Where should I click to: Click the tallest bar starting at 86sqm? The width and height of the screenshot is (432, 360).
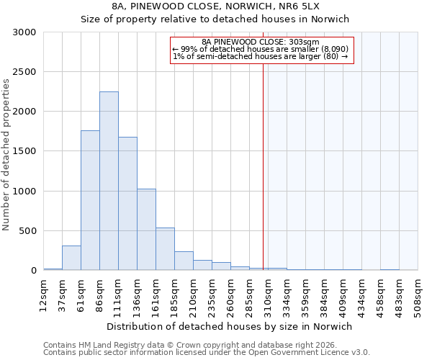109,181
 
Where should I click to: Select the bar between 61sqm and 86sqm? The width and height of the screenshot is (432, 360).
90,200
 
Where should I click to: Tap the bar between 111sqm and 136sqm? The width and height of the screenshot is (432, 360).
127,204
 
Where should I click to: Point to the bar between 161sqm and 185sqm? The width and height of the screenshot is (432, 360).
165,249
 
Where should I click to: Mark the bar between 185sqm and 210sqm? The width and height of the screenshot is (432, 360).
184,261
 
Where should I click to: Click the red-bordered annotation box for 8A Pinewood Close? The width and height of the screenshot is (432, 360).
263,50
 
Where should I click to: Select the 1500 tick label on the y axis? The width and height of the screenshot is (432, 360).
24,152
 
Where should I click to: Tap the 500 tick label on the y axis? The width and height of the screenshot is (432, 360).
27,231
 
